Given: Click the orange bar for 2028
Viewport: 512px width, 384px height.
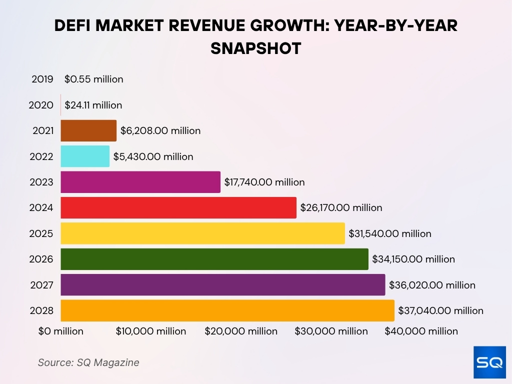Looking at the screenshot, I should (227, 310).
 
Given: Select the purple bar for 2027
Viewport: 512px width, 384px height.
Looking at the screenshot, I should (223, 284).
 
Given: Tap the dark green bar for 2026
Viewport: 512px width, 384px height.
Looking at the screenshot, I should (214, 259).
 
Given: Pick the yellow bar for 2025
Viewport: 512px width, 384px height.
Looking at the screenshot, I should (202, 233).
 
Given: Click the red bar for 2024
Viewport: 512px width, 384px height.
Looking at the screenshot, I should (178, 207).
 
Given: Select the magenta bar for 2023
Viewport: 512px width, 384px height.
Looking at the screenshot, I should (140, 182).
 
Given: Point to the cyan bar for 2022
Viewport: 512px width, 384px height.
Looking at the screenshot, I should (85, 156).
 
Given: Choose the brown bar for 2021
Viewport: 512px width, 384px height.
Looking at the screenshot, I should (88, 130).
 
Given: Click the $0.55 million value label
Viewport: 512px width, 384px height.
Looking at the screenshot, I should (93, 79).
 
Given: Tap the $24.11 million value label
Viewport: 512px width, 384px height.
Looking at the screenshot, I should (93, 105).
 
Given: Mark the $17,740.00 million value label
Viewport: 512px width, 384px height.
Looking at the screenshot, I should (264, 182).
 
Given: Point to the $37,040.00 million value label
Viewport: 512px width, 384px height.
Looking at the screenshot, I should (440, 310).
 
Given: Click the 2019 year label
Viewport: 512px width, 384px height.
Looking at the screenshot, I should (42, 79).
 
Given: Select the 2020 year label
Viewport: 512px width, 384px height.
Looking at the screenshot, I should (42, 105).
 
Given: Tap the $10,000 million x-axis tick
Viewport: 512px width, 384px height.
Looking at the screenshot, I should (151, 331).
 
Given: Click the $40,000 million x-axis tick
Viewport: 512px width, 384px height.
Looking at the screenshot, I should (421, 331).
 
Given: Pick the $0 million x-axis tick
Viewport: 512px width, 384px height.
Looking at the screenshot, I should (61, 331).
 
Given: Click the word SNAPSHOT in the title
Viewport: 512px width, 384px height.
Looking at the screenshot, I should (255, 48).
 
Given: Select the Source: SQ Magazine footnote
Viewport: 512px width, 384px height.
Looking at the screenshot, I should (88, 362).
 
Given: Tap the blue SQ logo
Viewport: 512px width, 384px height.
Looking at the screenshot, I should (489, 362).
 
